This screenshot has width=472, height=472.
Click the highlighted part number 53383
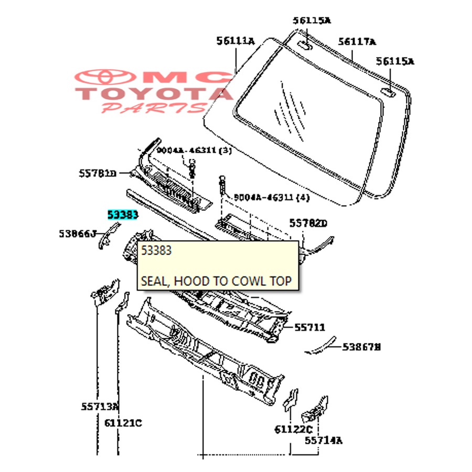123,214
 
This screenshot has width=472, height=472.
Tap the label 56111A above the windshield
235,41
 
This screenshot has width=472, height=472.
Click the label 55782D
308,224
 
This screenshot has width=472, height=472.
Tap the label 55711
309,328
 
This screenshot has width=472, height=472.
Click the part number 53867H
362,347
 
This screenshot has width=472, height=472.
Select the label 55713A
100,406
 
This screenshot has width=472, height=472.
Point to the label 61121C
123,423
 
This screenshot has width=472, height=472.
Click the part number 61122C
293,430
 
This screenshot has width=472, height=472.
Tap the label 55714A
324,441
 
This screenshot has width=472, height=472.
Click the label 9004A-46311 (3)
194,151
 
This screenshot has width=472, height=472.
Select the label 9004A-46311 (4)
272,198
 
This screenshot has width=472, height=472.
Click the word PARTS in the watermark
153,108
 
